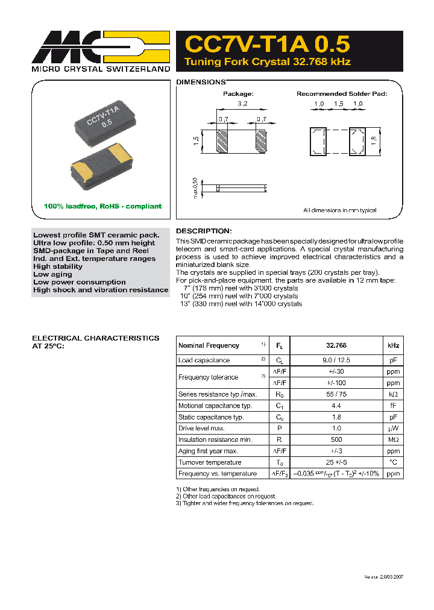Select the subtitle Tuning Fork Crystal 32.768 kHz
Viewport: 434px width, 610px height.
pyautogui.click(x=267, y=62)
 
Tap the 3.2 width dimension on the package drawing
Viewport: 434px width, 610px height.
pyautogui.click(x=242, y=104)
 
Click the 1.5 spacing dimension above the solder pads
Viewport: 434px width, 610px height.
pyautogui.click(x=338, y=104)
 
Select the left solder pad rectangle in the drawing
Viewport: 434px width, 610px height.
pyautogui.click(x=318, y=142)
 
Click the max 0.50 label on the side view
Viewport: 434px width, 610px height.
pyautogui.click(x=194, y=187)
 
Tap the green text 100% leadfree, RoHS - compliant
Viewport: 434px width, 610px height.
pyautogui.click(x=102, y=206)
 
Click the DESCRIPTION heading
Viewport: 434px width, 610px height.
pyautogui.click(x=203, y=231)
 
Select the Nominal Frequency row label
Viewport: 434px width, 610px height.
pyautogui.click(x=209, y=345)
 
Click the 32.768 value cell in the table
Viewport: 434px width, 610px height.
pyautogui.click(x=336, y=345)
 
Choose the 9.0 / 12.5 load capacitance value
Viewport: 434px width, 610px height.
pyautogui.click(x=336, y=360)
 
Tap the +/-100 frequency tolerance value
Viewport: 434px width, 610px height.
pyautogui.click(x=336, y=383)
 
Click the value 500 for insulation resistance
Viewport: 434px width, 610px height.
pyautogui.click(x=336, y=439)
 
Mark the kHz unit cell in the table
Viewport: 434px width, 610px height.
pyautogui.click(x=393, y=345)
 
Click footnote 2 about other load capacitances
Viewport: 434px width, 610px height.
pyautogui.click(x=227, y=496)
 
